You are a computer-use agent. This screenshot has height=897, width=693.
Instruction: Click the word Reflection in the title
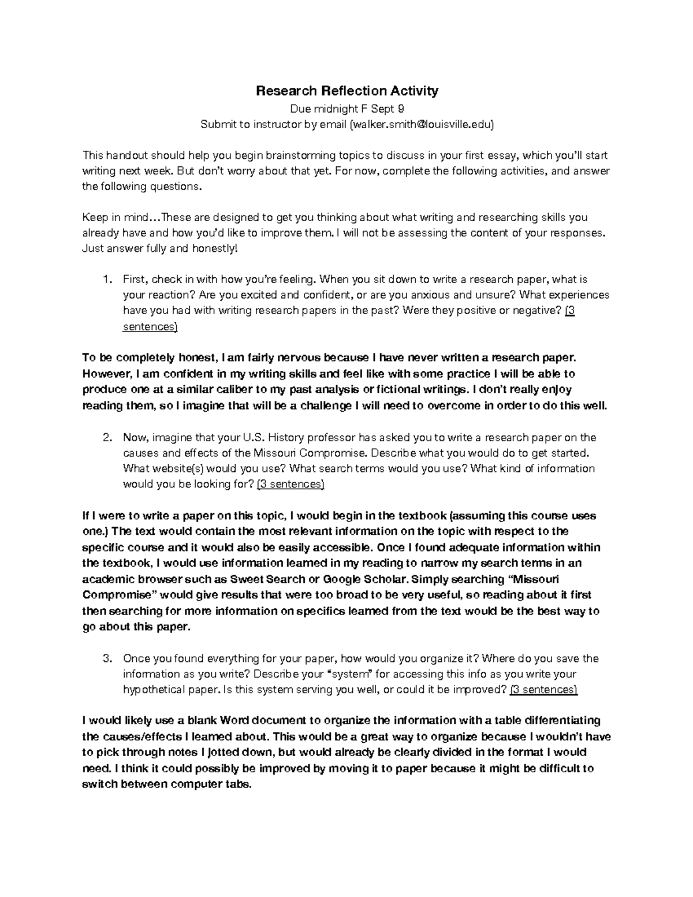344,91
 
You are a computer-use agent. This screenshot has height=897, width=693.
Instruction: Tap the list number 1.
106,280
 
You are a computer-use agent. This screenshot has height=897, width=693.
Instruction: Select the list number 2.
106,438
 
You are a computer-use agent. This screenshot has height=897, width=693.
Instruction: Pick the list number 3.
106,658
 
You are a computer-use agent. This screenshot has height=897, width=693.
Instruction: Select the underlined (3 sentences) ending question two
290,485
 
